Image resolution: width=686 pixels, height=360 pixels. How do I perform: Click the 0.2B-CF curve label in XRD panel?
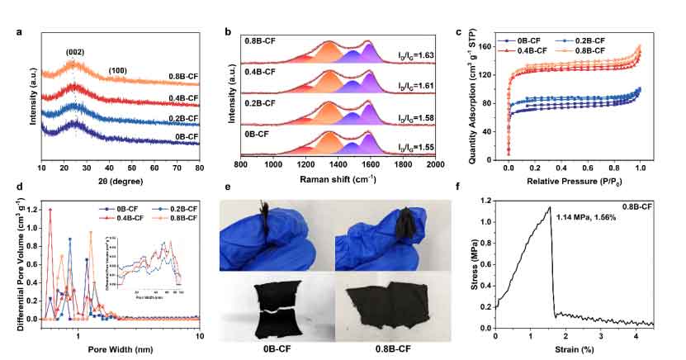pyautogui.click(x=182, y=117)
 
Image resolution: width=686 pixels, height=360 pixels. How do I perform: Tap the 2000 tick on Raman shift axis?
pyautogui.click(x=434, y=164)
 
